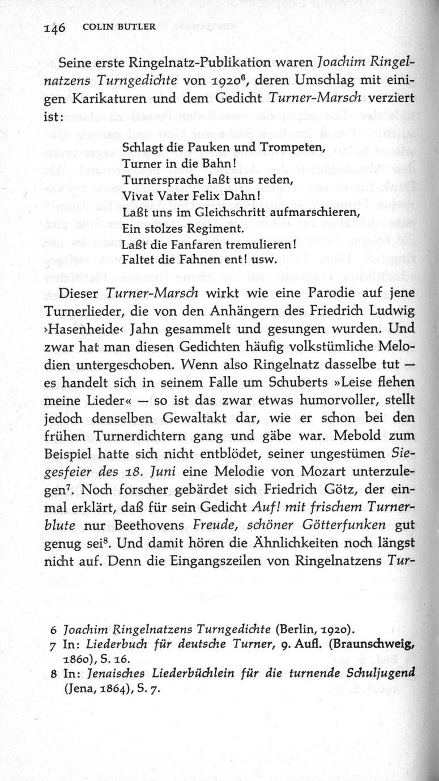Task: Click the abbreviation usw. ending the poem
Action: coord(263,260)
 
